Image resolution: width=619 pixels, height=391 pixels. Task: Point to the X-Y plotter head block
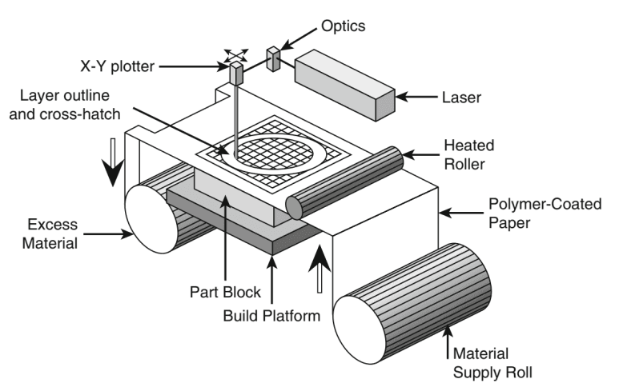pyautogui.click(x=237, y=74)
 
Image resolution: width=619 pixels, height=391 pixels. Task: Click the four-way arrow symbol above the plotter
pyautogui.click(x=235, y=54)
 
